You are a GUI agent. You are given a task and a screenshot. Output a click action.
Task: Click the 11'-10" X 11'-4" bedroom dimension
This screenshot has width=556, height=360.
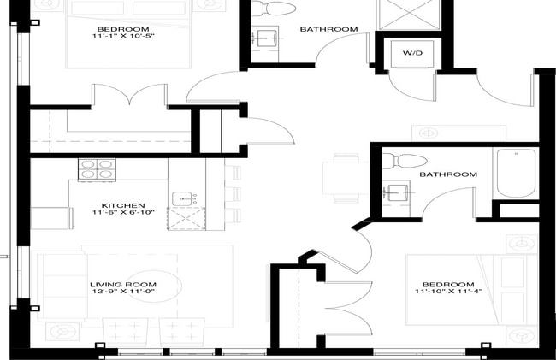pyautogui.click(x=447, y=293)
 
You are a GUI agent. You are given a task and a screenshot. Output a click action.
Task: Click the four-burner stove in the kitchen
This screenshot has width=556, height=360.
pyautogui.click(x=96, y=169)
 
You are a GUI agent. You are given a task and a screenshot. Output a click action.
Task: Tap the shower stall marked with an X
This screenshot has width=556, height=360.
pyautogui.click(x=407, y=15)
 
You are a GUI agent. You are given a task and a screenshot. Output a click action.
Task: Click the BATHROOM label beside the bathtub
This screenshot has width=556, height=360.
pyautogui.click(x=447, y=174)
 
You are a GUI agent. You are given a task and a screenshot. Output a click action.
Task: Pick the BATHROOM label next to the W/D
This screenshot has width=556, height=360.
pyautogui.click(x=328, y=29)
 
